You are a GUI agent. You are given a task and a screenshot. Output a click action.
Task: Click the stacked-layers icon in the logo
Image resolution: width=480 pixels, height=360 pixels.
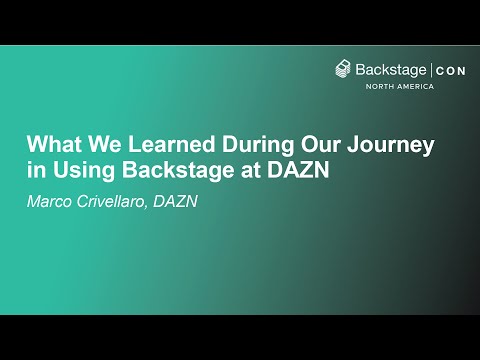(x=343, y=70)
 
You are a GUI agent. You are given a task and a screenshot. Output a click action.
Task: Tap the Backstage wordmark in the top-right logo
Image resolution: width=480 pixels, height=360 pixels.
(x=391, y=70)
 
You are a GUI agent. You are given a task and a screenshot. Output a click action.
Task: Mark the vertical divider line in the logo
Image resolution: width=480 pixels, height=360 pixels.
(x=431, y=70)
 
